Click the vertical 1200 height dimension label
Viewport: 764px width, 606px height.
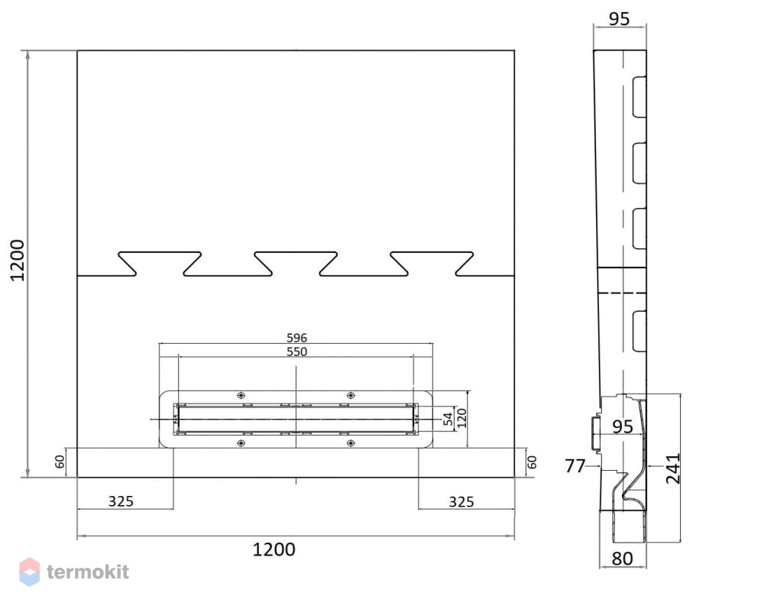coord(18,260)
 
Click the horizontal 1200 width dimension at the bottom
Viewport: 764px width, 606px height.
coord(274,549)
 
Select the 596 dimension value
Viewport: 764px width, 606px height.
coord(296,337)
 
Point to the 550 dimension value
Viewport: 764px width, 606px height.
coord(296,352)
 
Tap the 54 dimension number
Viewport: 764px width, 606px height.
coord(448,418)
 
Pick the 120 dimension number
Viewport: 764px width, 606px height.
coord(461,418)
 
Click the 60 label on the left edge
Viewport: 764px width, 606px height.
coord(60,462)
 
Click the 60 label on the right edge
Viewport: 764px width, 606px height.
coord(532,462)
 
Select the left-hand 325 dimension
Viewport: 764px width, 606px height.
coord(121,501)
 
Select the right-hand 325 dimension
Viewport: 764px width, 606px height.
coord(461,501)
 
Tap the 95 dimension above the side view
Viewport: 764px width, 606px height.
coord(620,18)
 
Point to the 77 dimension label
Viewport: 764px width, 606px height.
coord(575,466)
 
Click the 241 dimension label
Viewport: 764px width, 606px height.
coord(673,468)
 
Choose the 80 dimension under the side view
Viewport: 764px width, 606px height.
coord(622,559)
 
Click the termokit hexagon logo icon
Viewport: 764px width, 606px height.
coord(29,572)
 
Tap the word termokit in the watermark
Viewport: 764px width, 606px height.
coord(88,572)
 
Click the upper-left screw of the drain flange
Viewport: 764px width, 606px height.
coord(241,395)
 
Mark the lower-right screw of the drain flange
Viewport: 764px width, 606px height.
coord(351,443)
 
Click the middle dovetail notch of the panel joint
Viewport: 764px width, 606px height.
coord(296,264)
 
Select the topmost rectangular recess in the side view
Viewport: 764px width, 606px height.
coord(639,96)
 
